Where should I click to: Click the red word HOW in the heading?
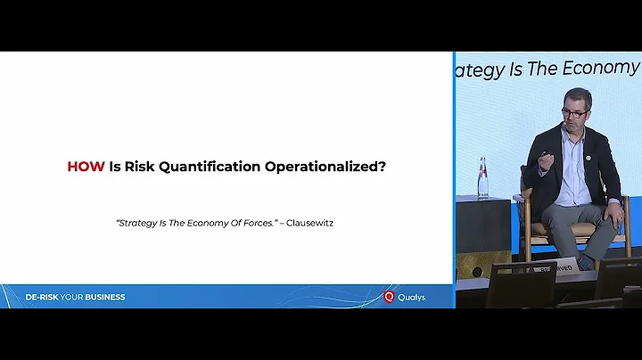click(86, 166)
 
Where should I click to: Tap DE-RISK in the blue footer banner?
click(42, 297)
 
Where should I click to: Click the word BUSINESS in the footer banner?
click(105, 297)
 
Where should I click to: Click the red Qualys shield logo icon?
click(389, 297)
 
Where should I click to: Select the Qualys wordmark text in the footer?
click(412, 297)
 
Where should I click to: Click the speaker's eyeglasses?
click(574, 113)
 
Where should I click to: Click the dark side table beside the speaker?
click(484, 227)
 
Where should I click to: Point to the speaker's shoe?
click(586, 262)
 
